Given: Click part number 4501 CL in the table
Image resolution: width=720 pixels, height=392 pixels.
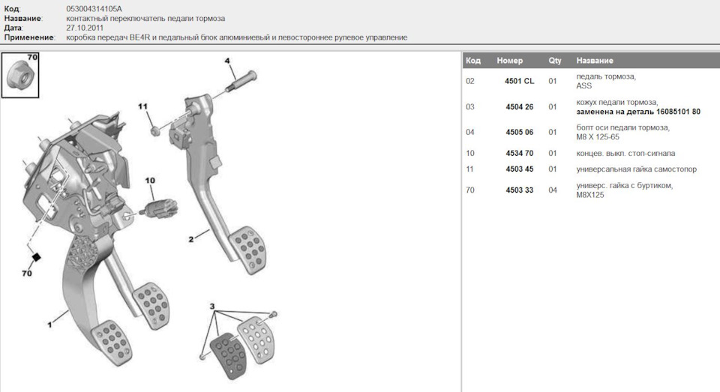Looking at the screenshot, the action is (x=519, y=81).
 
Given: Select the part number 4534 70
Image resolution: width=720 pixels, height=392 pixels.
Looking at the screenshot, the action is (x=519, y=154).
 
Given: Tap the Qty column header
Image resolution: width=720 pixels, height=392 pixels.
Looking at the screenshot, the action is (x=555, y=61).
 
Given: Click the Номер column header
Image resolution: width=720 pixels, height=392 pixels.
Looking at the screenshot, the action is (x=510, y=61).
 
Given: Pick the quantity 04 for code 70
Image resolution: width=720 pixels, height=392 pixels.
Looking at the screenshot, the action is (x=553, y=190).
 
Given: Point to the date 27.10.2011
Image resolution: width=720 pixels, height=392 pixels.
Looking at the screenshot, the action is (x=85, y=28).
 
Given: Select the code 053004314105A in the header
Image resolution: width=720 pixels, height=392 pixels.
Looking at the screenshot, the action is (x=94, y=9).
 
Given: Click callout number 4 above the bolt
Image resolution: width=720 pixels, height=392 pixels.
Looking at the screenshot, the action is (x=226, y=61).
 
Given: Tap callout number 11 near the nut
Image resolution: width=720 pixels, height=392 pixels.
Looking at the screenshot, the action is (x=142, y=106).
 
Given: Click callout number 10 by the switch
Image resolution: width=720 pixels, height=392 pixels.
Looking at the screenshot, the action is (x=150, y=181).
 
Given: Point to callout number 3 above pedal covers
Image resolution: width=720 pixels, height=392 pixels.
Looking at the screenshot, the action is (x=211, y=306).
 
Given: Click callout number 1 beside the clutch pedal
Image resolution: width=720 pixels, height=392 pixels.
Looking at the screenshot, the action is (x=49, y=325).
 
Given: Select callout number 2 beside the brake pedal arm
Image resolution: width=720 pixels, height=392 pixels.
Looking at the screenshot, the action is (x=191, y=239).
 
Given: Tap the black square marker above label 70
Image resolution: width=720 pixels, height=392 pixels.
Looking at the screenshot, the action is (x=36, y=257).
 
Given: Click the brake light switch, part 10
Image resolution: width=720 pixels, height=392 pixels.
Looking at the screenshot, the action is (x=159, y=208).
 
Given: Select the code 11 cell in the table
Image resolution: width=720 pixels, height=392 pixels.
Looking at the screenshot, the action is (x=469, y=169).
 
